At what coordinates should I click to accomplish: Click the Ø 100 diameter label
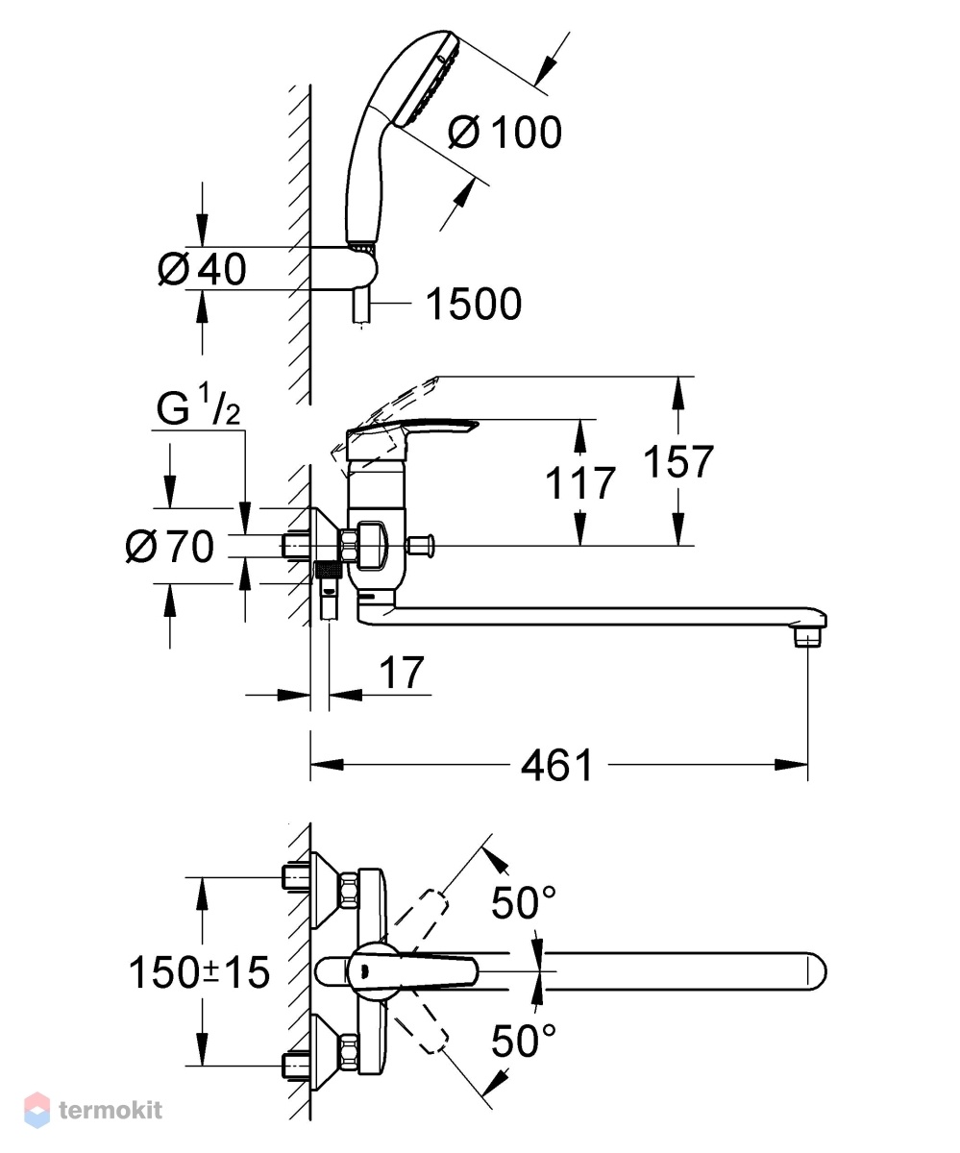(x=505, y=133)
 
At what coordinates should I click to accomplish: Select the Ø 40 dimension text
(x=202, y=269)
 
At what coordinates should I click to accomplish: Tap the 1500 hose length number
(x=474, y=304)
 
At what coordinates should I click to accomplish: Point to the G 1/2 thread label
(x=198, y=406)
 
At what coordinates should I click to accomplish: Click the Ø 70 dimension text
(x=169, y=546)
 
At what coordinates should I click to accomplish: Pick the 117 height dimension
(x=579, y=482)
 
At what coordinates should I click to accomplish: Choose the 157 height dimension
(x=678, y=461)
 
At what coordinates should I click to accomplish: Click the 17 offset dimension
(x=402, y=672)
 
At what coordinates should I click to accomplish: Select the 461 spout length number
(x=556, y=766)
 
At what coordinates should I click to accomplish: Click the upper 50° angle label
(x=523, y=902)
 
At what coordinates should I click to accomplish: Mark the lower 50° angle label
(x=523, y=1041)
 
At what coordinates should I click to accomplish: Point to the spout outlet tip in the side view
(x=806, y=638)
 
